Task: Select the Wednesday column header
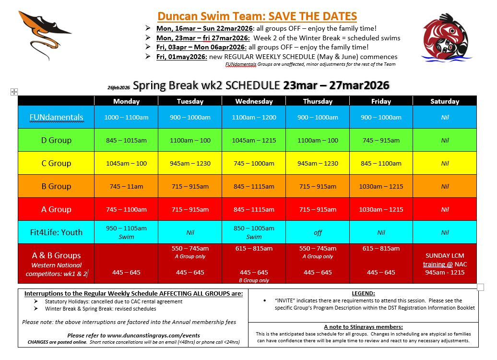pyautogui.click(x=254, y=101)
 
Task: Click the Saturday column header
pyautogui.click(x=444, y=101)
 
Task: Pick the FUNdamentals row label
pyautogui.click(x=56, y=117)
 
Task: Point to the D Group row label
pyautogui.click(x=56, y=140)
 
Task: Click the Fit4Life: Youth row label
pyautogui.click(x=56, y=232)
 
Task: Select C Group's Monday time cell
pyautogui.click(x=126, y=163)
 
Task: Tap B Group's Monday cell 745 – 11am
pyautogui.click(x=126, y=186)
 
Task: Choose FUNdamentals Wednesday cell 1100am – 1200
pyautogui.click(x=254, y=117)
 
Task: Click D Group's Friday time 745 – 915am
pyautogui.click(x=381, y=140)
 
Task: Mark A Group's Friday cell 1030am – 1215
pyautogui.click(x=381, y=209)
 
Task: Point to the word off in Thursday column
pyautogui.click(x=318, y=233)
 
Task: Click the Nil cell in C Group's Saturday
pyautogui.click(x=445, y=163)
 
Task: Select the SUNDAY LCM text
pyautogui.click(x=445, y=256)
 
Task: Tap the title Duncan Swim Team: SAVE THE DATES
pyautogui.click(x=257, y=16)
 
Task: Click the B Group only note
pyautogui.click(x=254, y=280)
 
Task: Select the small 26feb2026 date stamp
pyautogui.click(x=118, y=88)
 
